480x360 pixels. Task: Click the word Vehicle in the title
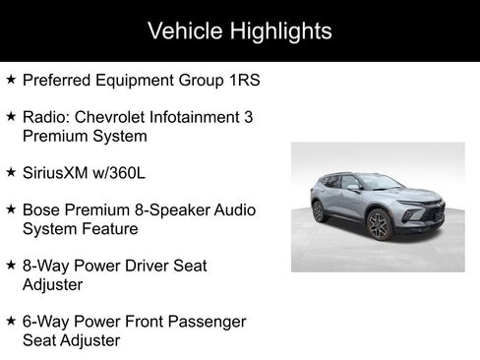(182, 30)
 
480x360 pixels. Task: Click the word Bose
(41, 210)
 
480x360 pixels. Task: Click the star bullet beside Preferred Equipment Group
(11, 79)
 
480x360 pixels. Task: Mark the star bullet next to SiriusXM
(11, 171)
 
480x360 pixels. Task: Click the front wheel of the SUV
(379, 225)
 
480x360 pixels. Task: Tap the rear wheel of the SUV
(318, 211)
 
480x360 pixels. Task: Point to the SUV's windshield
(379, 183)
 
